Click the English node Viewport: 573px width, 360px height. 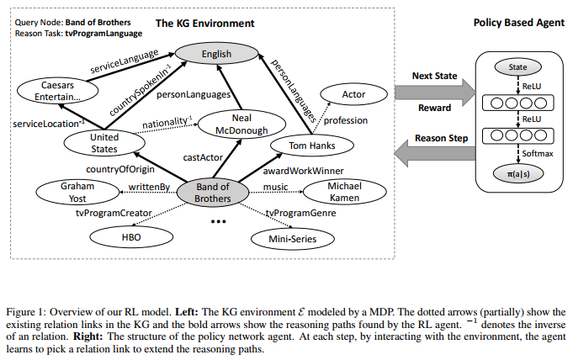(x=218, y=55)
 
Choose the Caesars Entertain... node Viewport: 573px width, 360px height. (x=60, y=92)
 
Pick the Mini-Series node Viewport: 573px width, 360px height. (x=285, y=239)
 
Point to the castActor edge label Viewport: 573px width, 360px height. (x=201, y=156)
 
